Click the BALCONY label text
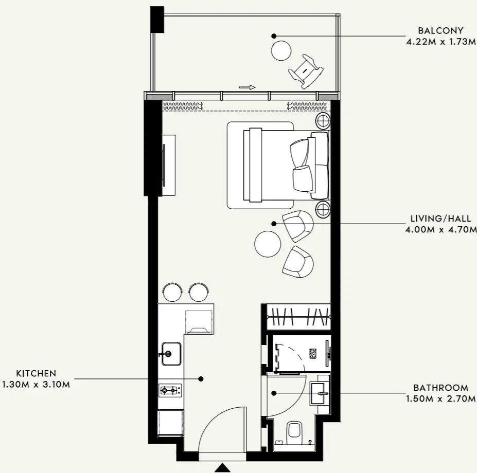440,30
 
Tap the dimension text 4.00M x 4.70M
441,229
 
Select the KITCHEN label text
36,373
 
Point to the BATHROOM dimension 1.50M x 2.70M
441,398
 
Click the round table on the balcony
281,50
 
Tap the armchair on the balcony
306,71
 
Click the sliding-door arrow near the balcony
247,87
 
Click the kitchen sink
171,354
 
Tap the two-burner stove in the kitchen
170,390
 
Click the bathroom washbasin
320,394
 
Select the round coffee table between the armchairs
268,244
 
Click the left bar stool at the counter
172,292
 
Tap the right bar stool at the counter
199,292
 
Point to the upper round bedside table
323,121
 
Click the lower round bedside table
323,209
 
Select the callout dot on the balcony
274,36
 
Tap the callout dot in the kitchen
201,379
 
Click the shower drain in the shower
313,354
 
